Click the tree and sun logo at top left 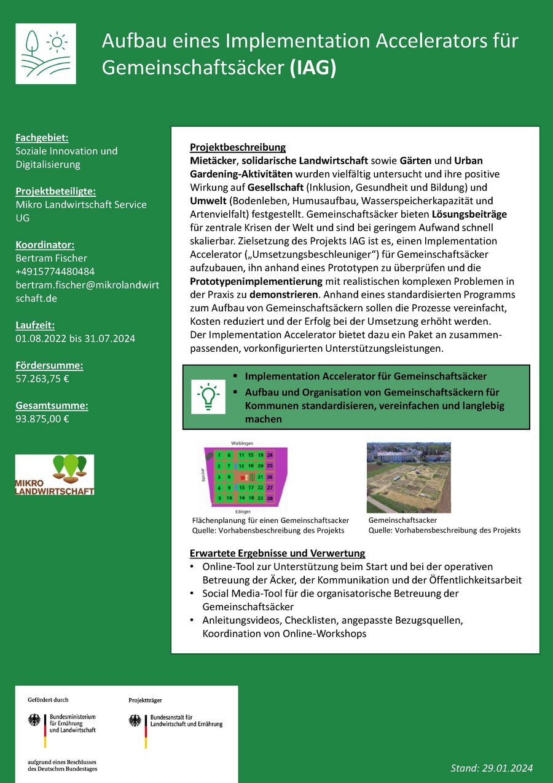pyautogui.click(x=45, y=54)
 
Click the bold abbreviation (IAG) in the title pyautogui.click(x=313, y=68)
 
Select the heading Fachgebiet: pyautogui.click(x=42, y=137)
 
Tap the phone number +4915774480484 pyautogui.click(x=55, y=271)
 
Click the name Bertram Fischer pyautogui.click(x=51, y=258)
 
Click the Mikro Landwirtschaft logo pyautogui.click(x=55, y=474)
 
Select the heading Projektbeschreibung pyautogui.click(x=238, y=147)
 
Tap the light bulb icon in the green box pyautogui.click(x=208, y=397)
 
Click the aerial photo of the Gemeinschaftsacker pyautogui.click(x=409, y=477)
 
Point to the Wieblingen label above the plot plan pyautogui.click(x=242, y=443)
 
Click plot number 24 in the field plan pyautogui.click(x=270, y=455)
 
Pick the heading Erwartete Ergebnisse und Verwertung pyautogui.click(x=277, y=553)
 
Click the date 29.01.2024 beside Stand pyautogui.click(x=508, y=768)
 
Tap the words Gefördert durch pyautogui.click(x=48, y=699)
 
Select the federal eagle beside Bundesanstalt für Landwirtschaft pyautogui.click(x=135, y=720)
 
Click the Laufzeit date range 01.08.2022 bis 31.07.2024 pyautogui.click(x=75, y=338)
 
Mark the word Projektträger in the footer pyautogui.click(x=145, y=700)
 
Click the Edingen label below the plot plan pyautogui.click(x=242, y=511)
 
